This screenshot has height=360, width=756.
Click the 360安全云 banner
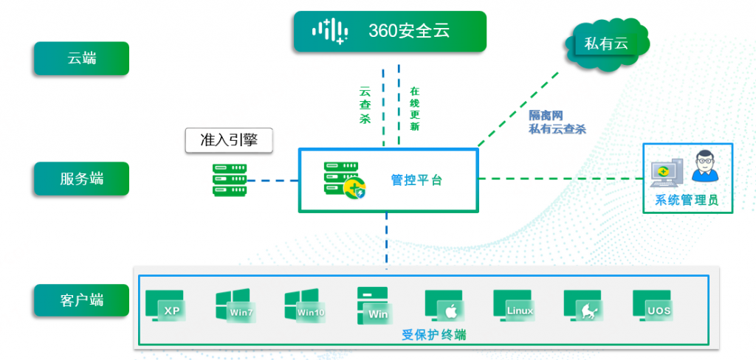coord(390,31)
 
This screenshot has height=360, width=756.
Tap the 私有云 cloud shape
coord(605,44)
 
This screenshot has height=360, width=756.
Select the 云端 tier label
coord(81,58)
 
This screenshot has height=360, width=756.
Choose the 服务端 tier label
coord(81,179)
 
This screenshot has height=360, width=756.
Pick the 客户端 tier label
coord(81,300)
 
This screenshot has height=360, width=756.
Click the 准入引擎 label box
coord(227,139)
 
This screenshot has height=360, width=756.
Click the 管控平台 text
coord(416,179)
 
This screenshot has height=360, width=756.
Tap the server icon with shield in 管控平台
coord(344,180)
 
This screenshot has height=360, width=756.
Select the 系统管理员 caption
coord(687,200)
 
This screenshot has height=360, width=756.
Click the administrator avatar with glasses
coord(705,167)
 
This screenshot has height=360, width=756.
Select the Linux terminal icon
coord(512,305)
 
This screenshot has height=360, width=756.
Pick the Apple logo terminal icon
coord(444,305)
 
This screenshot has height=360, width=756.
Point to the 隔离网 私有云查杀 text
coord(557,122)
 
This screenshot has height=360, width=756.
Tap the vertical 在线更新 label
coord(414,109)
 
